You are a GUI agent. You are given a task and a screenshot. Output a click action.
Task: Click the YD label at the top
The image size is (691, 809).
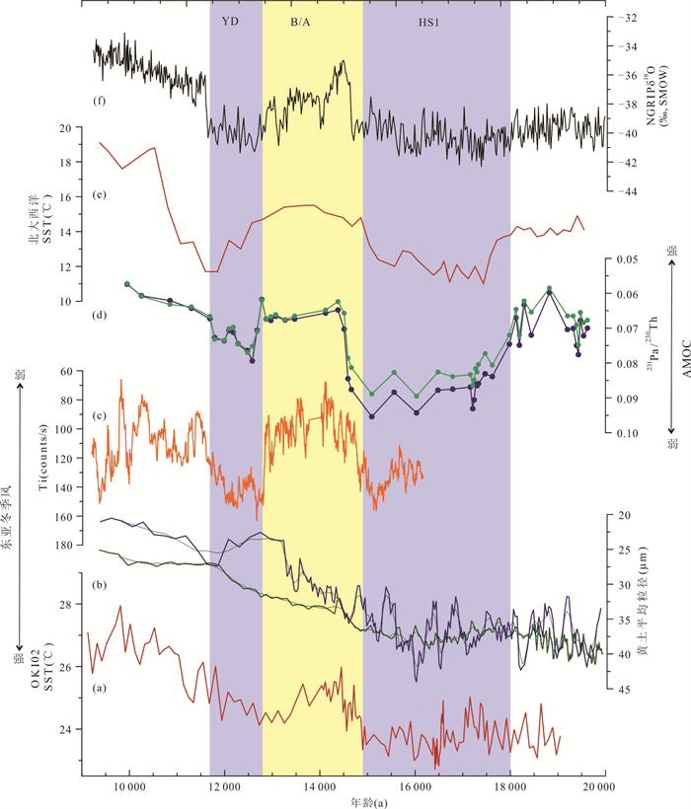230,19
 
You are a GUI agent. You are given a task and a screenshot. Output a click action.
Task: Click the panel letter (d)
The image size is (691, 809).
100,316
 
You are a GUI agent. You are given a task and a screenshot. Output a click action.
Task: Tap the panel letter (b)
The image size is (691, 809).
100,585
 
